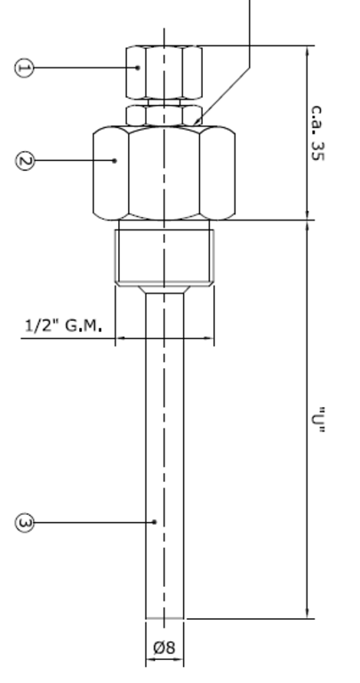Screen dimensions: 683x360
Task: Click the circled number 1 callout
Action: [x=23, y=68]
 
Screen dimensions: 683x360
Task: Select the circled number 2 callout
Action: [x=24, y=160]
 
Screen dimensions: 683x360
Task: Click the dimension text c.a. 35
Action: [x=317, y=133]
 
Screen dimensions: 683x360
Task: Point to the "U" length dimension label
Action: [x=317, y=419]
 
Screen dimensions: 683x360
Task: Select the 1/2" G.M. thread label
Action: [x=62, y=326]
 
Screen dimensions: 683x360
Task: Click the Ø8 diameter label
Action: [x=164, y=648]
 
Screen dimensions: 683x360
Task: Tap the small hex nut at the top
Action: [x=164, y=71]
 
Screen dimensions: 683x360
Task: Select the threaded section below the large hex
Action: [x=164, y=255]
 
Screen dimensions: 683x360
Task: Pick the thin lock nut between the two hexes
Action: [x=164, y=114]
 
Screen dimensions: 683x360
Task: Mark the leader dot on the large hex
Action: [x=116, y=160]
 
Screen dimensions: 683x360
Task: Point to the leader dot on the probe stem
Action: [x=156, y=522]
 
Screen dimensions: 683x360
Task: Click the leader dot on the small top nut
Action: [x=140, y=68]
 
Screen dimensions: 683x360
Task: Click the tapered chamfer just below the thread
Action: [x=164, y=288]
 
